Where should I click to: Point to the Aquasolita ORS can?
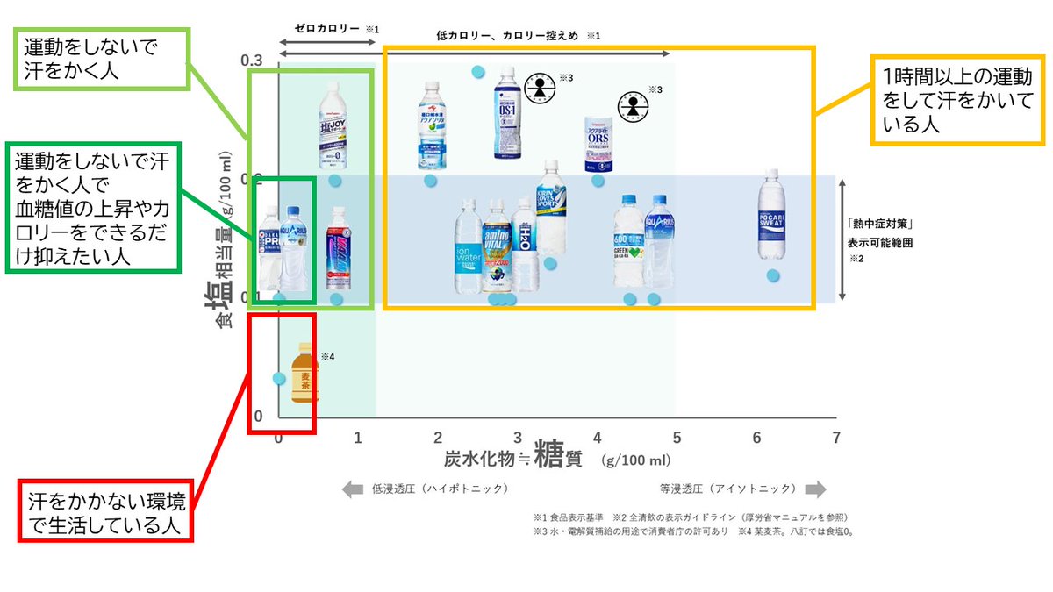pyautogui.click(x=599, y=143)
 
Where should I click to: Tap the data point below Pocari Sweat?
pyautogui.click(x=773, y=275)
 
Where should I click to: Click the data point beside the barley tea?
pyautogui.click(x=278, y=379)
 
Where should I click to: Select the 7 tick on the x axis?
pyautogui.click(x=836, y=438)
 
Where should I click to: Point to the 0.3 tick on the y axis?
pyautogui.click(x=252, y=61)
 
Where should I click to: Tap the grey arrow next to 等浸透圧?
pyautogui.click(x=815, y=489)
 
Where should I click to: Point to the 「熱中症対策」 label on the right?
pyautogui.click(x=878, y=224)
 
